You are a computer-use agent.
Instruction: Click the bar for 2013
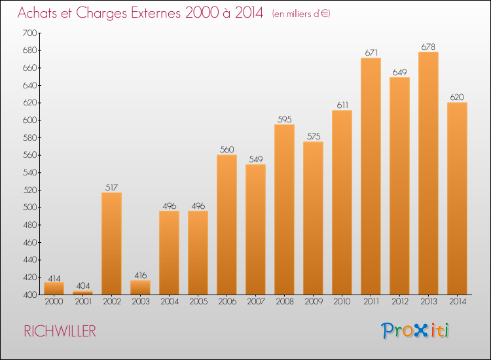click(428, 173)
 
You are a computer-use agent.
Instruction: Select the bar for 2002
click(111, 243)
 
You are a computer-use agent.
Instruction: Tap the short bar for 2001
click(82, 293)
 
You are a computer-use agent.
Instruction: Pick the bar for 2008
click(284, 209)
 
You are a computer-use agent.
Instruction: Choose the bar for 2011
click(371, 176)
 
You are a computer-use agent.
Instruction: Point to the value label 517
click(111, 187)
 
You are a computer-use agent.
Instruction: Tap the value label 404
click(82, 286)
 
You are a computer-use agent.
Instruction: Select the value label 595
click(284, 119)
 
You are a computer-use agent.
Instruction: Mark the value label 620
click(457, 97)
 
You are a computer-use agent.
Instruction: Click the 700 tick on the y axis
click(29, 33)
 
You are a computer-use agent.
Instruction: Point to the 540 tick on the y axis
click(29, 173)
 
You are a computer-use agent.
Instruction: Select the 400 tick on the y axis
click(29, 295)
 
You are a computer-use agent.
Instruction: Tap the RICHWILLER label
click(60, 331)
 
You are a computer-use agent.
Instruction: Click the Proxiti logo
click(415, 331)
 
